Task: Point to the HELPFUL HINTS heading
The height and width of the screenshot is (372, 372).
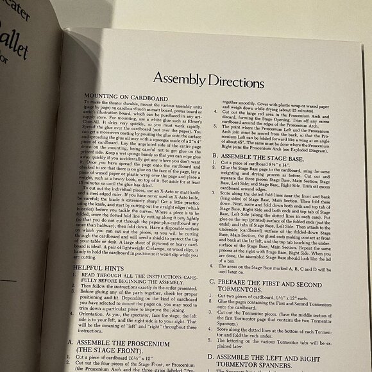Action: point(99,267)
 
